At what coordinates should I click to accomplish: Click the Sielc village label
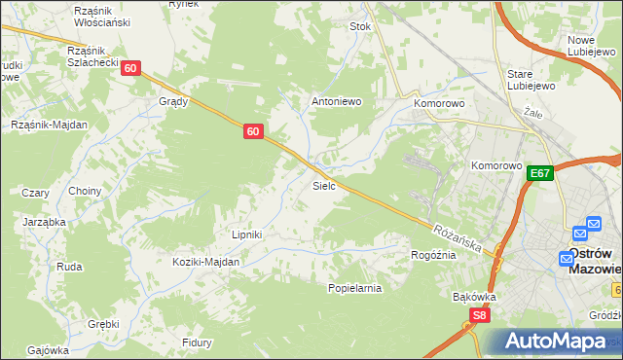[324, 185]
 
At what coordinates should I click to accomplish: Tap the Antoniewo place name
[336, 100]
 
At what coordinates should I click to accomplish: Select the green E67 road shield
[541, 173]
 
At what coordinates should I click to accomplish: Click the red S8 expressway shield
[478, 314]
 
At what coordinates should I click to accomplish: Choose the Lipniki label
[247, 234]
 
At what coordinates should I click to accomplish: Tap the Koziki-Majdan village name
[205, 262]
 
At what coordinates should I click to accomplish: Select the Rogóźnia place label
[433, 255]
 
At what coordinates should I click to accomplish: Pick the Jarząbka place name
[44, 222]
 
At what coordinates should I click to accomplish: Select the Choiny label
[85, 192]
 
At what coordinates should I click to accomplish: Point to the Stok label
[361, 27]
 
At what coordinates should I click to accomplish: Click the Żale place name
[531, 113]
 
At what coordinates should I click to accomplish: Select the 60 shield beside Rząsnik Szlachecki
[132, 68]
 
